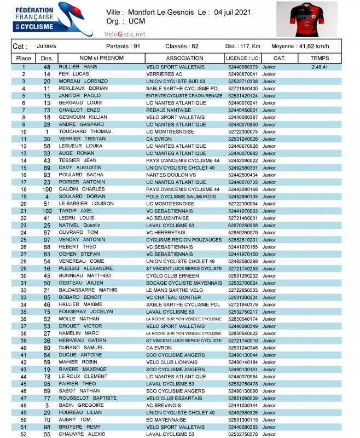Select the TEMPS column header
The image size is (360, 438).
click(x=320, y=58)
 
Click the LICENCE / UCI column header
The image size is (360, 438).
click(x=242, y=58)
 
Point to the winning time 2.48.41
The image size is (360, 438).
click(x=320, y=67)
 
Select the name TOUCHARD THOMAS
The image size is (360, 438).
click(x=85, y=132)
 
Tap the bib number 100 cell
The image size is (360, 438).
click(x=47, y=189)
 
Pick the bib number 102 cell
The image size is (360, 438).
click(x=47, y=211)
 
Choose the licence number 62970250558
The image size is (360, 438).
click(x=242, y=225)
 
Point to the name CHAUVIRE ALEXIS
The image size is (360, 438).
click(x=81, y=434)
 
